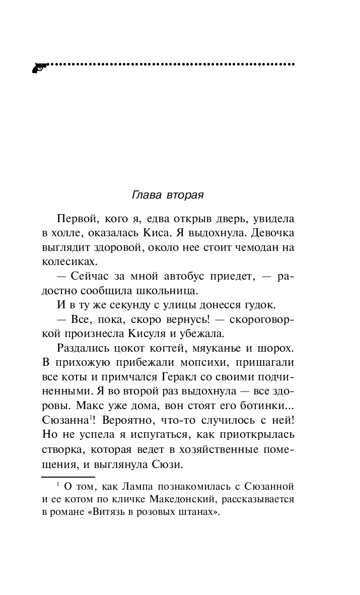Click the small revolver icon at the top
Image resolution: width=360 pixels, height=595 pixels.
(x=39, y=67)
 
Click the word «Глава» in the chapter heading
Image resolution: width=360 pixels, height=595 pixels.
(x=145, y=194)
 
